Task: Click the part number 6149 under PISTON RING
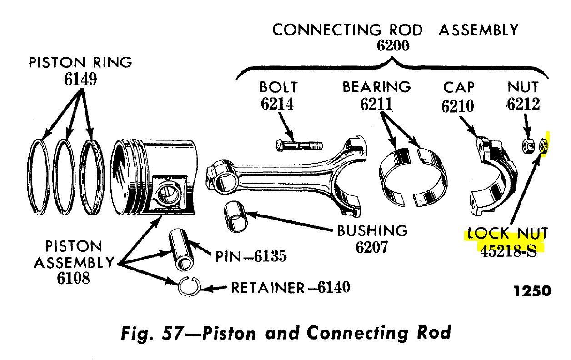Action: point(80,80)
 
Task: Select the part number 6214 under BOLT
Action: point(277,104)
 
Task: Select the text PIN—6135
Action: point(251,257)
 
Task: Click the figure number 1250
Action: point(532,291)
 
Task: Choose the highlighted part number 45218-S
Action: point(509,251)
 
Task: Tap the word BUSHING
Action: point(372,231)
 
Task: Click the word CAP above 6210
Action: point(459,87)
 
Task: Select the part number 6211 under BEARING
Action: point(376,104)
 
